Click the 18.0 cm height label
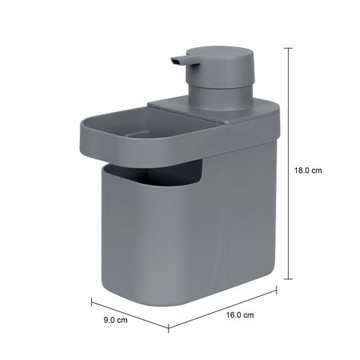[x=308, y=170]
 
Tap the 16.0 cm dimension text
[x=240, y=315]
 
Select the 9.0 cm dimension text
[x=115, y=320]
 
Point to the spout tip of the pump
[x=173, y=61]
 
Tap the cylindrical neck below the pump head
[x=221, y=98]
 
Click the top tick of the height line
[x=289, y=48]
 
